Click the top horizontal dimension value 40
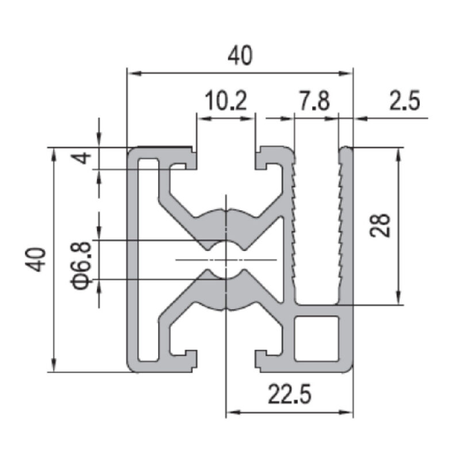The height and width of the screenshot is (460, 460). click(x=240, y=56)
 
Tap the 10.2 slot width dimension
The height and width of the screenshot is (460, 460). click(x=225, y=101)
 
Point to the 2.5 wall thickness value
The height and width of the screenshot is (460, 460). click(x=405, y=101)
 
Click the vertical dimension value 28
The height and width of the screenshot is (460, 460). click(x=380, y=225)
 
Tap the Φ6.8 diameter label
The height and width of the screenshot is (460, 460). click(x=81, y=266)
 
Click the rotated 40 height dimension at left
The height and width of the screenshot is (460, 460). click(x=36, y=260)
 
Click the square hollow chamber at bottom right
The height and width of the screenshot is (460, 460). click(x=317, y=338)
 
